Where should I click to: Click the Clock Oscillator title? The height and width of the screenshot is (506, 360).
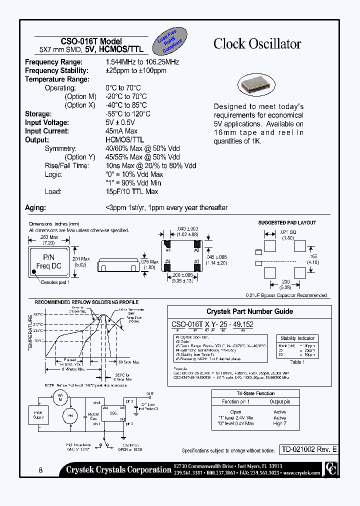[x=257, y=44]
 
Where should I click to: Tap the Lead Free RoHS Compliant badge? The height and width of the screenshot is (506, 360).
[x=170, y=39]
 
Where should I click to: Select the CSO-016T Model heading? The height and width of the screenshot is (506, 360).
[x=91, y=41]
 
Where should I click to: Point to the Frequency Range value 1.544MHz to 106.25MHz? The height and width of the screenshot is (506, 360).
[x=142, y=62]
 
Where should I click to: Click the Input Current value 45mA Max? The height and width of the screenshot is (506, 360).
[x=121, y=131]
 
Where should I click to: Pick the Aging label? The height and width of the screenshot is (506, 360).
[x=35, y=207]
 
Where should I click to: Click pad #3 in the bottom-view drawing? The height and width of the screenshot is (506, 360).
[x=196, y=264]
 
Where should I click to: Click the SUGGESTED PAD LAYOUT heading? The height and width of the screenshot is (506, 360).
[x=287, y=222]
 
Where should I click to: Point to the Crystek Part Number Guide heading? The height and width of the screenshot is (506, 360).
[x=249, y=311]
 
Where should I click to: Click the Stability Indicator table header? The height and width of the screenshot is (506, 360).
[x=297, y=338]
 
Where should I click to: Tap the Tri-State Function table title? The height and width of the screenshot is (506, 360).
[x=255, y=393]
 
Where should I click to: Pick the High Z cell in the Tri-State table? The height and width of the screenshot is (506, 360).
[x=279, y=423]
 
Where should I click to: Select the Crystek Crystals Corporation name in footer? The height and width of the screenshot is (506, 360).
[x=118, y=469]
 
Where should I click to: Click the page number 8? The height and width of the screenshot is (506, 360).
[x=40, y=470]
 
